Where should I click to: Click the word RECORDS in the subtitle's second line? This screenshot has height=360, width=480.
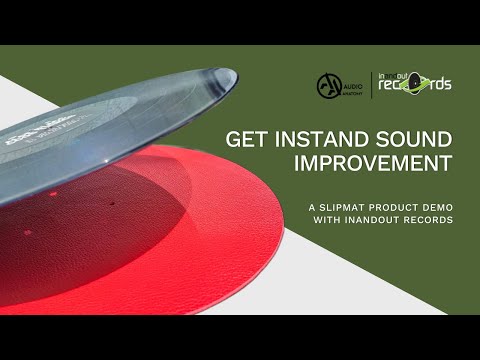point(423,219)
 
